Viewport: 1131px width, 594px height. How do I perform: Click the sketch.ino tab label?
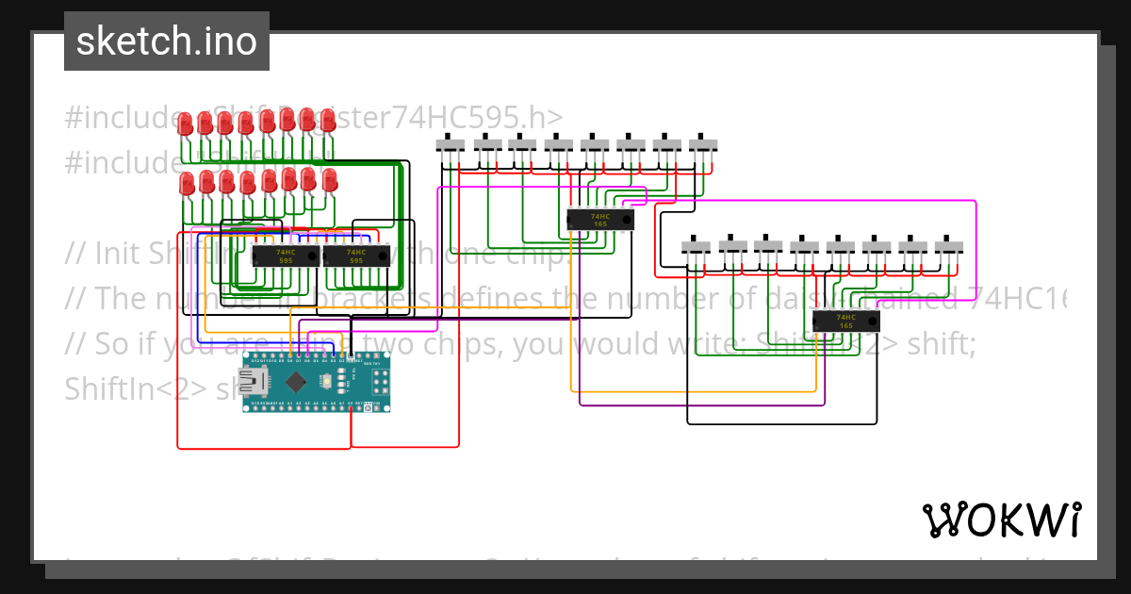[167, 41]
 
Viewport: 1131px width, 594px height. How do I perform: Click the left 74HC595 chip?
[285, 255]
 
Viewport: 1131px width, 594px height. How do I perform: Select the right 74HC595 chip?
[355, 255]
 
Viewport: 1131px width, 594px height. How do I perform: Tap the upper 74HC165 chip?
[599, 220]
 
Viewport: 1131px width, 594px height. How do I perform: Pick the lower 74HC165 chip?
[845, 322]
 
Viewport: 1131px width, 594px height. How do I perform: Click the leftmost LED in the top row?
[186, 124]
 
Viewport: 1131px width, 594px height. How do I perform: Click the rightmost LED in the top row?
[328, 121]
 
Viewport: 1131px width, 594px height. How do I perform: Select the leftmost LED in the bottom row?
[187, 183]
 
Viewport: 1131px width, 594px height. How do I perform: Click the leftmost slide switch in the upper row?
[451, 145]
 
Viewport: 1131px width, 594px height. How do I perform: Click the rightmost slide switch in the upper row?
[703, 145]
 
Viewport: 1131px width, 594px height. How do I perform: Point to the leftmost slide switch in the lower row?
[697, 247]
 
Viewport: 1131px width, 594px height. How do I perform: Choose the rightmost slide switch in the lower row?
[949, 247]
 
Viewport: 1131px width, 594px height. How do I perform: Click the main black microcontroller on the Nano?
[297, 382]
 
